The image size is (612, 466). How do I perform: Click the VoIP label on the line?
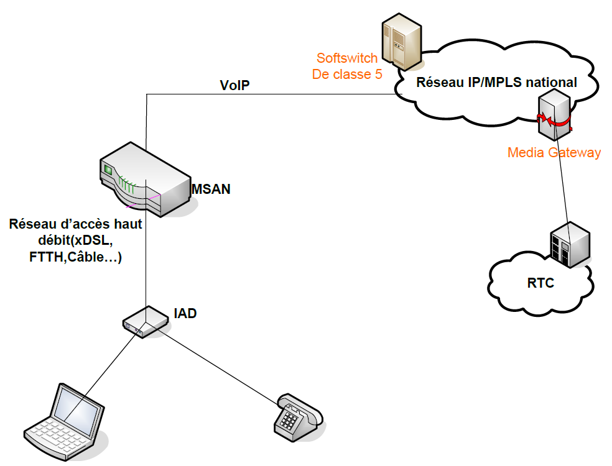pyautogui.click(x=234, y=86)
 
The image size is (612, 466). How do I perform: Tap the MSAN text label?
pyautogui.click(x=211, y=189)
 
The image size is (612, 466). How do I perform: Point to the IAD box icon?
pyautogui.click(x=146, y=321)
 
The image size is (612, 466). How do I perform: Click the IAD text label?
pyautogui.click(x=185, y=313)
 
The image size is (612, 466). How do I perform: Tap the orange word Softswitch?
pyautogui.click(x=347, y=58)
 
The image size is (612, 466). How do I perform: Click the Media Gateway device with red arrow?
pyautogui.click(x=554, y=114)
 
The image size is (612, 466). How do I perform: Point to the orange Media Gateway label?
pyautogui.click(x=554, y=152)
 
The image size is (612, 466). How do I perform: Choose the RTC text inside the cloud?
pyautogui.click(x=540, y=283)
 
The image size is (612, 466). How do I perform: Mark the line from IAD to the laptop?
pyautogui.click(x=106, y=369)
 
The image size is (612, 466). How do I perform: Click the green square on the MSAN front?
pyautogui.click(x=108, y=169)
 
